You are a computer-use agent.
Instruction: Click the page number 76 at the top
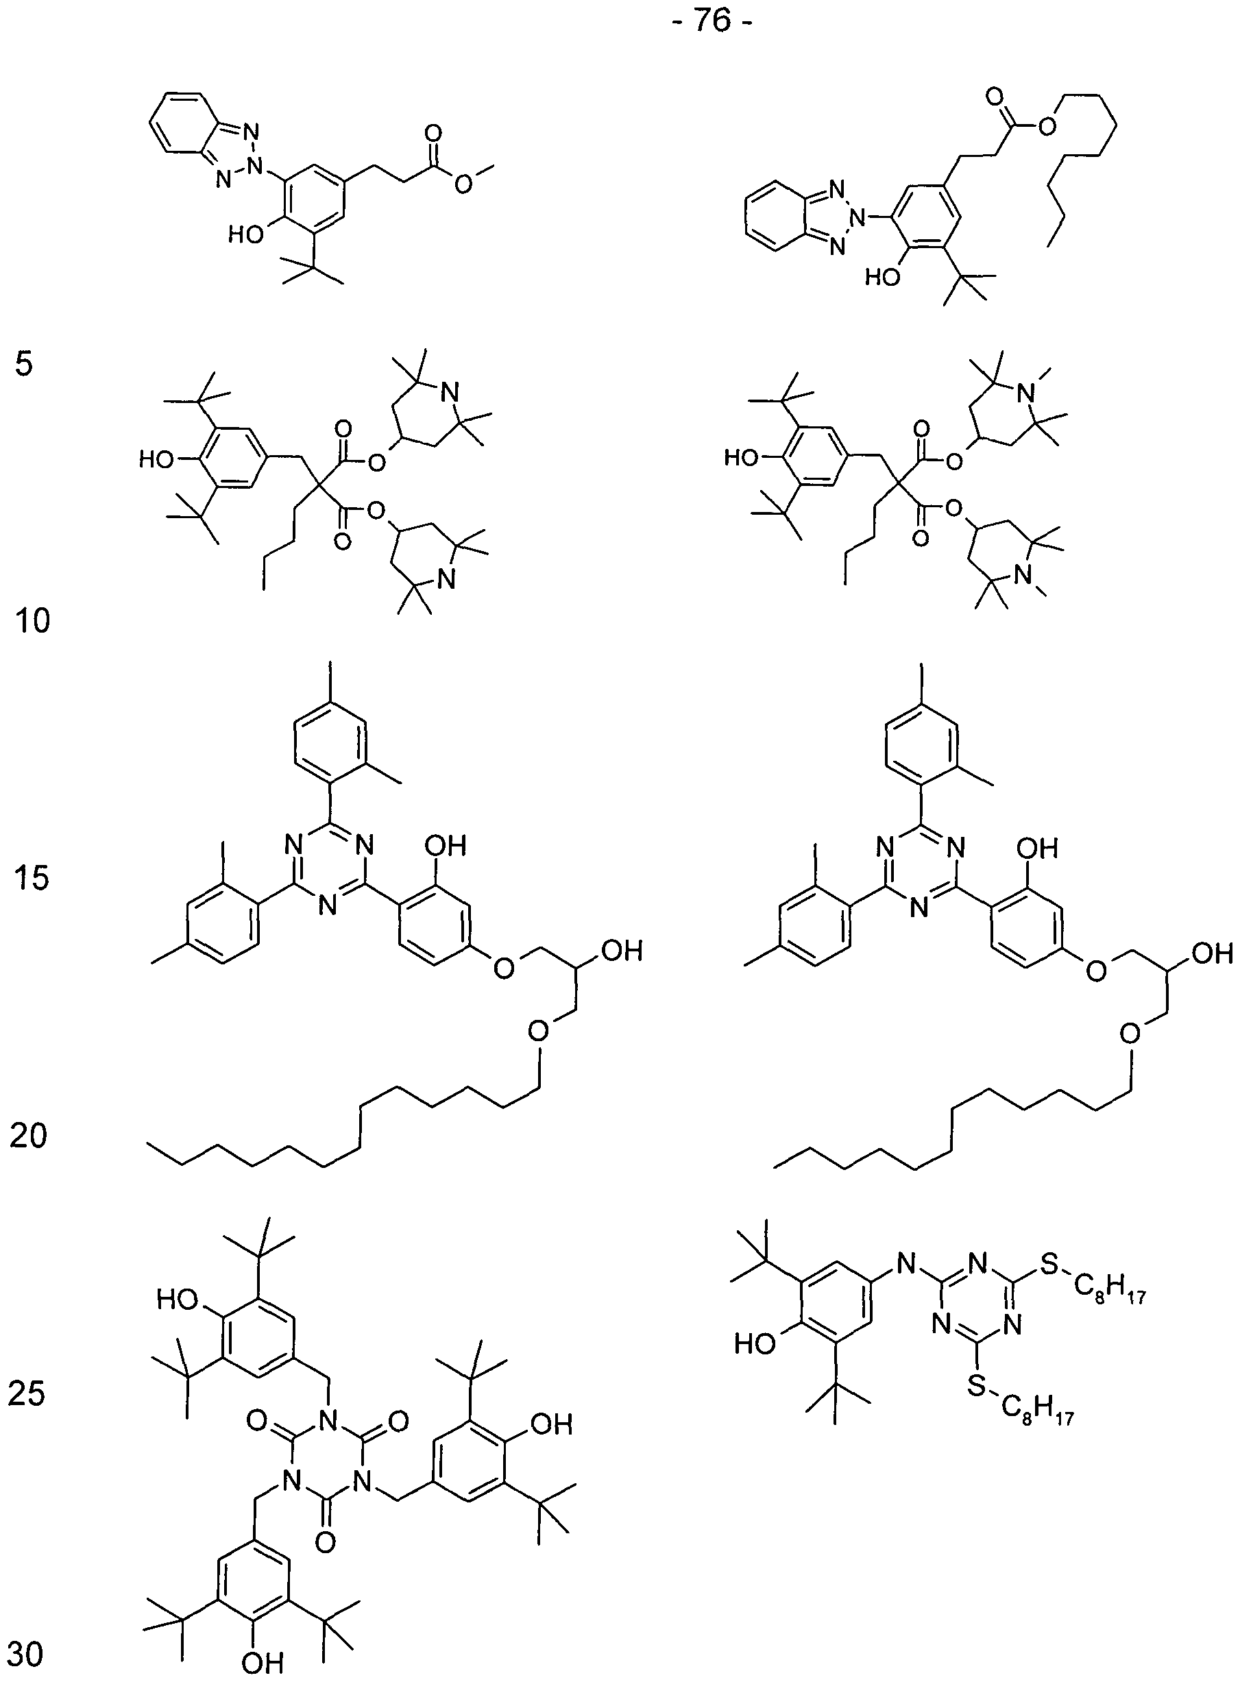pos(712,21)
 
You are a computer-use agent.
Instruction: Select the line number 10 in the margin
pos(32,622)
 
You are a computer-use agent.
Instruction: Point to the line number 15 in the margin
pos(32,877)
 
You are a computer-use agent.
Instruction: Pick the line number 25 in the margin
pos(27,1393)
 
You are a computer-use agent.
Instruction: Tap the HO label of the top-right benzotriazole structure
pos(883,278)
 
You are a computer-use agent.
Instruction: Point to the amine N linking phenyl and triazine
pos(907,1265)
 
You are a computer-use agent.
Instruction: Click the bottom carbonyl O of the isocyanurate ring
pos(325,1541)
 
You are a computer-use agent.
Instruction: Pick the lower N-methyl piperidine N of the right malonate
pos(1021,576)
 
